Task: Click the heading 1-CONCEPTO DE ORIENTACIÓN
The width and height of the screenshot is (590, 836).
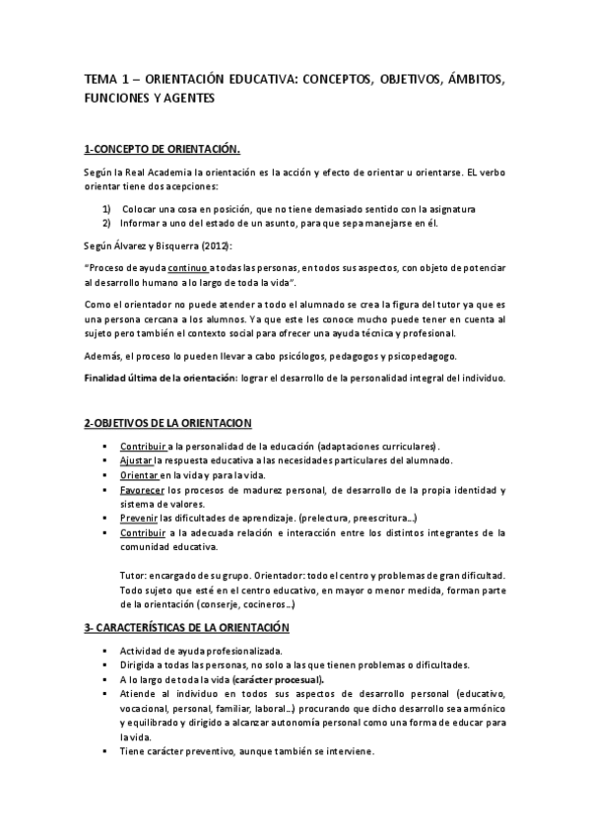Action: click(163, 149)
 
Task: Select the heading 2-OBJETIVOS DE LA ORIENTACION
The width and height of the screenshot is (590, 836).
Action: click(167, 423)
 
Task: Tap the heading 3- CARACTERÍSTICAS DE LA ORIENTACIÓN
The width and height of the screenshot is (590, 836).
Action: click(188, 626)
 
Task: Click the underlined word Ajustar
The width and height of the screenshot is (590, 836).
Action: click(134, 461)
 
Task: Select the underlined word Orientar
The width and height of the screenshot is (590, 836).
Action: click(136, 476)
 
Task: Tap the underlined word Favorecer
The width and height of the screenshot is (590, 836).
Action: click(142, 490)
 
